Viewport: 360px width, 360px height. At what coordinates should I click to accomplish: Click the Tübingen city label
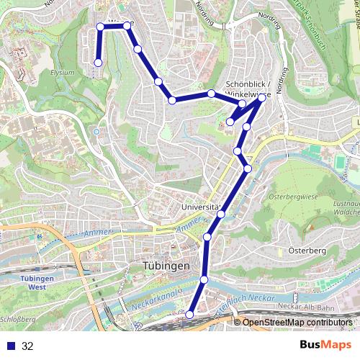(x=162, y=266)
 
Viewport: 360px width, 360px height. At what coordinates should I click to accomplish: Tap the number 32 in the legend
(x=28, y=346)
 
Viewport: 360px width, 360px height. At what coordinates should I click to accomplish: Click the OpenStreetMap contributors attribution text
(x=297, y=323)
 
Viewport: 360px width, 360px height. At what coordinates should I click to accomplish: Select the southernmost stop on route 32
(x=190, y=315)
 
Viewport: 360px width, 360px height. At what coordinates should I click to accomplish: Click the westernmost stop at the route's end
(x=98, y=63)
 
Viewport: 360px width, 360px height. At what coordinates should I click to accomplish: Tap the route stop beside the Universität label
(x=221, y=214)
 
